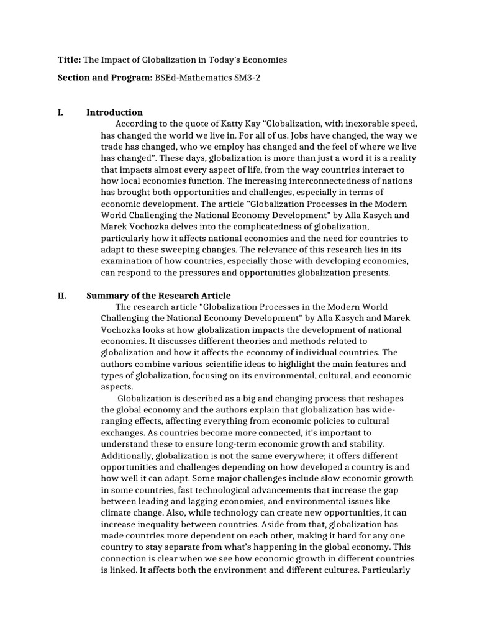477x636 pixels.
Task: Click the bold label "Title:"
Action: click(68, 60)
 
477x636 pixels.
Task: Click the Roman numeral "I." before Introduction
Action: click(60, 112)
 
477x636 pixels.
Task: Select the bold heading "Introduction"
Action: click(114, 112)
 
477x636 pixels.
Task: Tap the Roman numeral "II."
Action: click(62, 296)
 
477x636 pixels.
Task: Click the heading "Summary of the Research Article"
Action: click(158, 296)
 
